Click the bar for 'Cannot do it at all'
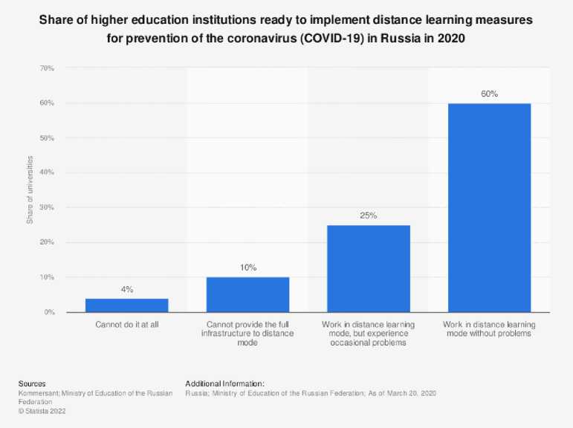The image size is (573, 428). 126,305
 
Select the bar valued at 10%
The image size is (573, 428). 247,295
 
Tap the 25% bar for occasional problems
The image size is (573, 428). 369,269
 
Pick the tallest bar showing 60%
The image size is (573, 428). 489,208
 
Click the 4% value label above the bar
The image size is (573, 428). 126,289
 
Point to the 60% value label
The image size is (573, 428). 489,94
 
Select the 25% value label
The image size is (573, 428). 369,215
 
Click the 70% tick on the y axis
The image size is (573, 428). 47,68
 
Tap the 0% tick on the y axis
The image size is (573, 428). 49,312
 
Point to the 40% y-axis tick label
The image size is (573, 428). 47,172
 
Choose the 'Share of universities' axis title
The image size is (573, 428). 30,190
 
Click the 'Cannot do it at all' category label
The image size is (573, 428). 126,325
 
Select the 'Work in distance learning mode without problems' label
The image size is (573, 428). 489,329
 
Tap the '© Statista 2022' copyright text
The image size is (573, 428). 42,409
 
